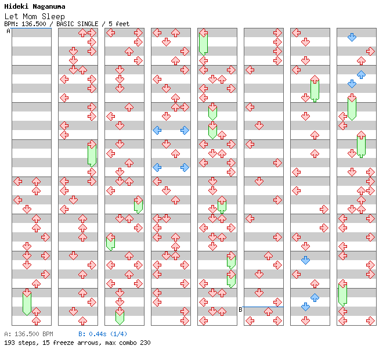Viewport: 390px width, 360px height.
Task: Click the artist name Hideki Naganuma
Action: (37, 7)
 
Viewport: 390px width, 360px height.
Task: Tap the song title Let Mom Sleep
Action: (34, 16)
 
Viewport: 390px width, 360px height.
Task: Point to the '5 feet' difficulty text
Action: (119, 24)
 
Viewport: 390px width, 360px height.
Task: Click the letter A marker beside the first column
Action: (8, 31)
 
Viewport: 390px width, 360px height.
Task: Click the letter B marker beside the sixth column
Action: (240, 309)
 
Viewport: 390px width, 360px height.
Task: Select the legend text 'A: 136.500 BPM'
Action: (28, 334)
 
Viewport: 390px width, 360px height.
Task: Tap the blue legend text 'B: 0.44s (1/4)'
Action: (103, 334)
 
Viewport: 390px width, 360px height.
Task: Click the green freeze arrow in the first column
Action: (27, 302)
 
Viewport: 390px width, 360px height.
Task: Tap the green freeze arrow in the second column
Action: (92, 154)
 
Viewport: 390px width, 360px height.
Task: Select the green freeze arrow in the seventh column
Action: (315, 88)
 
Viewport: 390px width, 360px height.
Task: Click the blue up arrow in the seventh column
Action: (315, 297)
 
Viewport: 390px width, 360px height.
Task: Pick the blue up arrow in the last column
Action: (361, 74)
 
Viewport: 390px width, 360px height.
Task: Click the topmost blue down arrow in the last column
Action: (352, 37)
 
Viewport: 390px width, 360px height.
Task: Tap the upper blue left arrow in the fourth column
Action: (157, 130)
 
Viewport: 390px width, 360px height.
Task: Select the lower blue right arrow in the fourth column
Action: (185, 167)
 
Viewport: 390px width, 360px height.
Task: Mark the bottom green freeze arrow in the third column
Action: (120, 316)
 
